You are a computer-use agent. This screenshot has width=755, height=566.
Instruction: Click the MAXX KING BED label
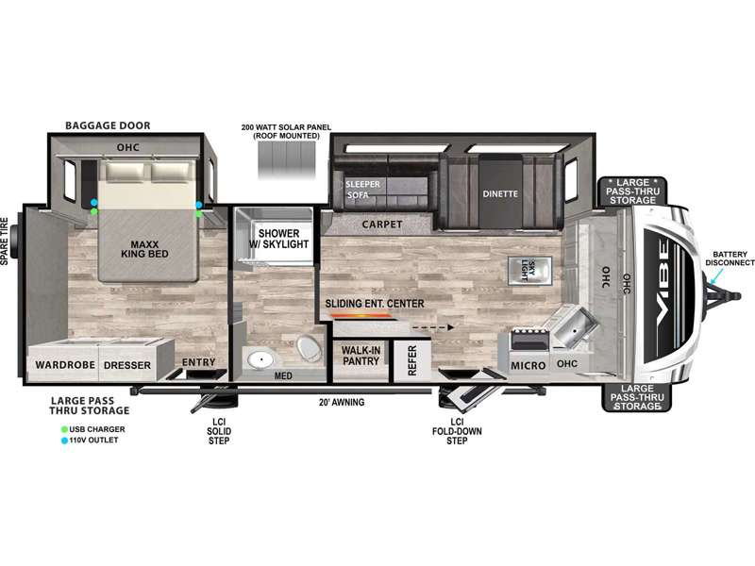click(144, 249)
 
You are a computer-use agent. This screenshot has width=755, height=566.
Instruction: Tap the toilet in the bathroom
click(309, 348)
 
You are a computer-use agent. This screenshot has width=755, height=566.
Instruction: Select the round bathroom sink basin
click(260, 358)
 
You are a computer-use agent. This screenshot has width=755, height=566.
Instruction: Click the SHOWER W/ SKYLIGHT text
click(278, 239)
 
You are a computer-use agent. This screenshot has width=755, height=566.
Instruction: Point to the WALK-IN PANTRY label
click(361, 356)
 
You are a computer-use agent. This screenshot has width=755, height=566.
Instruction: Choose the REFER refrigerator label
click(412, 360)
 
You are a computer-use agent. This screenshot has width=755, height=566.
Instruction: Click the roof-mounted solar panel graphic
click(287, 159)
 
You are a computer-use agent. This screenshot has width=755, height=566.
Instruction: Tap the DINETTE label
click(500, 194)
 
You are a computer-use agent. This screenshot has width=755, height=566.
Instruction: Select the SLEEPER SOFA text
click(362, 190)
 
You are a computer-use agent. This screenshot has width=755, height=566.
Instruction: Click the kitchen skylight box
click(529, 271)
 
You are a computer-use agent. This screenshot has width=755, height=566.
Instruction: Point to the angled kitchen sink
click(575, 326)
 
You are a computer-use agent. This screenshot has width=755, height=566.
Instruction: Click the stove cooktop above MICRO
click(528, 339)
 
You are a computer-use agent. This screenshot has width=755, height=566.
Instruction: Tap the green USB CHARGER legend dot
click(64, 429)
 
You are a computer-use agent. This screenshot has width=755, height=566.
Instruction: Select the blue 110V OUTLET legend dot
click(64, 440)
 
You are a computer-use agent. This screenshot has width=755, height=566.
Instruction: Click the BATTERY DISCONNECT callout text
click(730, 258)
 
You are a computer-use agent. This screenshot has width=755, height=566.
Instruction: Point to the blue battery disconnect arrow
click(716, 275)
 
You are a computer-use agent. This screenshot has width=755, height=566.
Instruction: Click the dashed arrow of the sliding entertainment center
click(433, 327)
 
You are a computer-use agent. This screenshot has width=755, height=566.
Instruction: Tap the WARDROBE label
click(65, 365)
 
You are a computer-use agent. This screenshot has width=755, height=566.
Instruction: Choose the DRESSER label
click(127, 365)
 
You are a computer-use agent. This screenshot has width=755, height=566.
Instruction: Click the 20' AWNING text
click(342, 402)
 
